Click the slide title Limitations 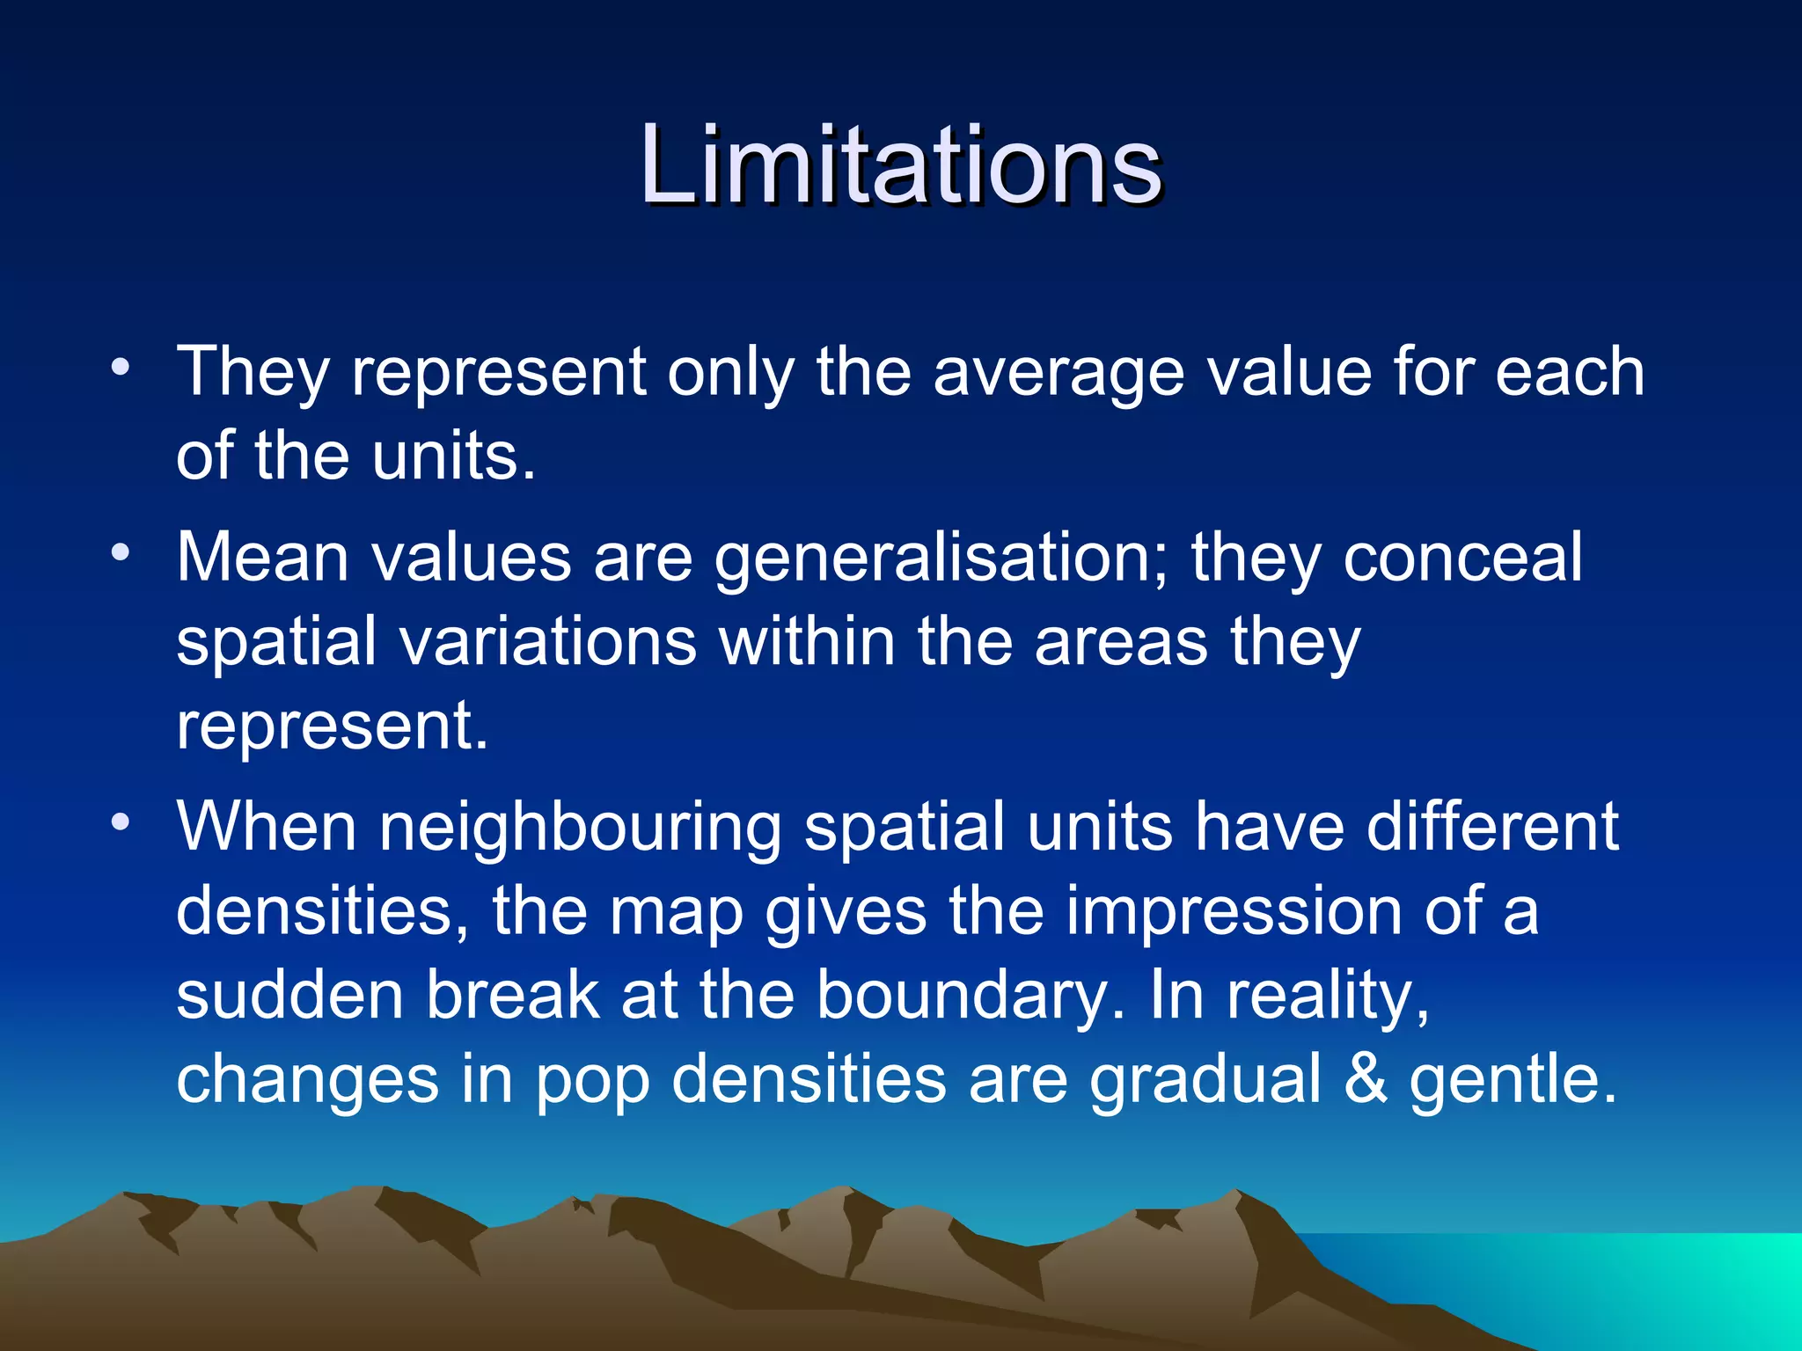[x=901, y=165]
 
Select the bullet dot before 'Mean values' [x=121, y=552]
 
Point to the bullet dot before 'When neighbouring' [x=121, y=822]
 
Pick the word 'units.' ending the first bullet [x=453, y=456]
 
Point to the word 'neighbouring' [x=580, y=829]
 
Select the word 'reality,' [x=1329, y=997]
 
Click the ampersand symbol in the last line [x=1366, y=1079]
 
